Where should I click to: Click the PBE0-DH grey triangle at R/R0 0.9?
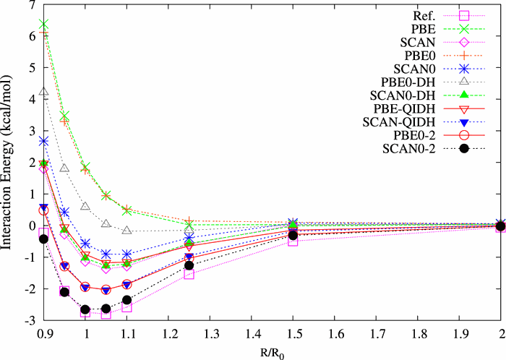pyautogui.click(x=44, y=93)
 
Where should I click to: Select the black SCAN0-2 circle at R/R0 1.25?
pyautogui.click(x=189, y=265)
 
